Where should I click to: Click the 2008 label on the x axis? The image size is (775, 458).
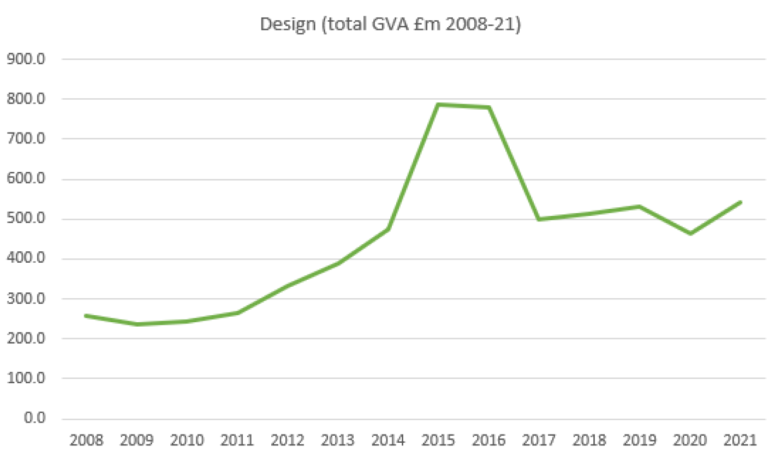click(85, 439)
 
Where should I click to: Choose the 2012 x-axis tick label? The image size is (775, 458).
click(287, 439)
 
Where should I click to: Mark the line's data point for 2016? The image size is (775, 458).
click(489, 107)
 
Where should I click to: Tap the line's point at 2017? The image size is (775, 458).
click(539, 219)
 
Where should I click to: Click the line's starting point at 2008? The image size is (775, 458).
click(86, 316)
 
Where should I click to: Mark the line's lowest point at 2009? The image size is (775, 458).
click(136, 324)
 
